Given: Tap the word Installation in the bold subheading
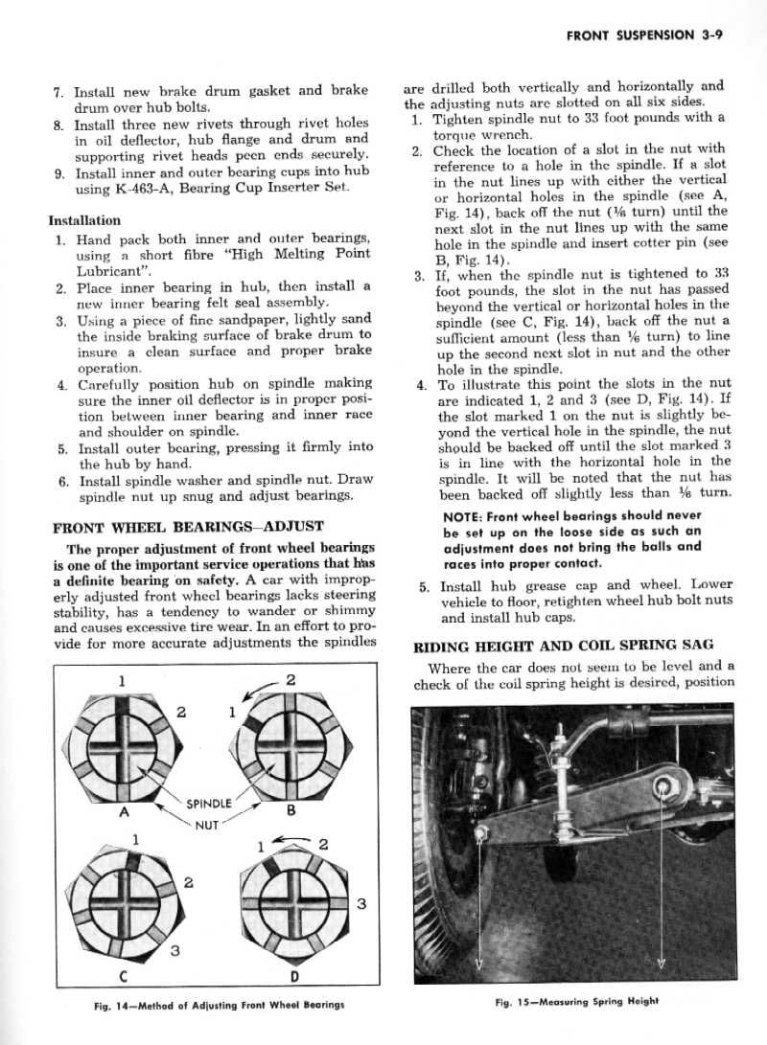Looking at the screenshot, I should (84, 220).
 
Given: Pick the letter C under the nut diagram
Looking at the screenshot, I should (124, 975).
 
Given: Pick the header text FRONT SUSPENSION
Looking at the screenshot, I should (630, 35).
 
